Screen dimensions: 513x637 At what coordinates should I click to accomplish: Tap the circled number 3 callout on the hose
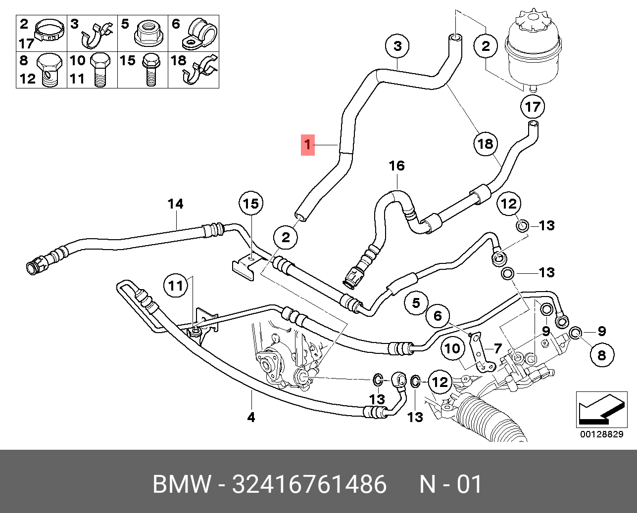click(x=398, y=46)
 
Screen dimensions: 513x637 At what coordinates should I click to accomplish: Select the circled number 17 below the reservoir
click(x=533, y=106)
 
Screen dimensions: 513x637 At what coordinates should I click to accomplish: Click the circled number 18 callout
click(x=486, y=143)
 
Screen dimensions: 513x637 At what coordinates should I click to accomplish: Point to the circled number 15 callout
click(x=251, y=203)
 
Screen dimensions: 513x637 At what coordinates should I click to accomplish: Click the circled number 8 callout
click(x=601, y=354)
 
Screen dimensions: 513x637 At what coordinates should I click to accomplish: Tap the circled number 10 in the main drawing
click(x=452, y=348)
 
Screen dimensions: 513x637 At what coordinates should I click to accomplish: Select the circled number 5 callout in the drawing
click(x=416, y=302)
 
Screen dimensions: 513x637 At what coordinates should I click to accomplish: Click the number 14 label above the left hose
click(x=175, y=203)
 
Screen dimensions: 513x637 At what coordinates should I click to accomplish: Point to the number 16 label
click(x=397, y=166)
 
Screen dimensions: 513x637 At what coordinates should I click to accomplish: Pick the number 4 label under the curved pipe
click(x=251, y=417)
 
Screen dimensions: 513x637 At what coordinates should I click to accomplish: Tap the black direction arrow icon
click(x=597, y=410)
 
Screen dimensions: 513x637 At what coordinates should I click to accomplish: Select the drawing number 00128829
click(x=601, y=434)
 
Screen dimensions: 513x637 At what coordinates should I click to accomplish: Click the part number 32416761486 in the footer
click(x=309, y=484)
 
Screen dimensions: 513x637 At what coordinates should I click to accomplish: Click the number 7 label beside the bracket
click(x=497, y=348)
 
